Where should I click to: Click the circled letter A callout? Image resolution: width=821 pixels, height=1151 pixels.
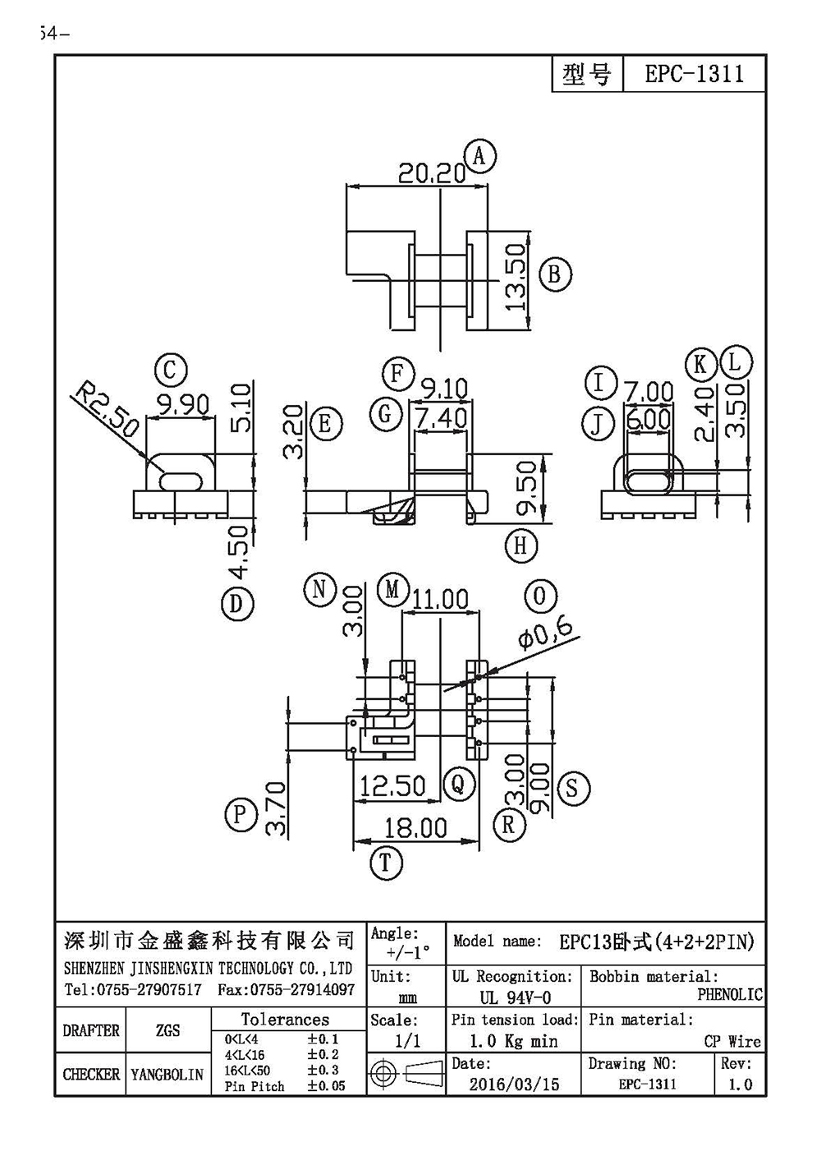point(479,156)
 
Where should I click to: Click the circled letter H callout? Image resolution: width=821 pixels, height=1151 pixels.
point(521,546)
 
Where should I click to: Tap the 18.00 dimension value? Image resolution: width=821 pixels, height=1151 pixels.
point(415,828)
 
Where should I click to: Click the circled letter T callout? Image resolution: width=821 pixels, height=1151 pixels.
point(385,863)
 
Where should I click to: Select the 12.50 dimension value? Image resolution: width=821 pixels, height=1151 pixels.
point(392,786)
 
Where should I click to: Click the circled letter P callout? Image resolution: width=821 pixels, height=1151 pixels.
point(241,814)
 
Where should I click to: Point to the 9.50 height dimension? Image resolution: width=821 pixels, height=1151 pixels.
point(526,486)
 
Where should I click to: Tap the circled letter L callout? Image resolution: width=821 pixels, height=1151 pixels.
point(736,362)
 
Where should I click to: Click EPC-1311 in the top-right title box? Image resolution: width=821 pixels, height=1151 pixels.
point(694,74)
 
